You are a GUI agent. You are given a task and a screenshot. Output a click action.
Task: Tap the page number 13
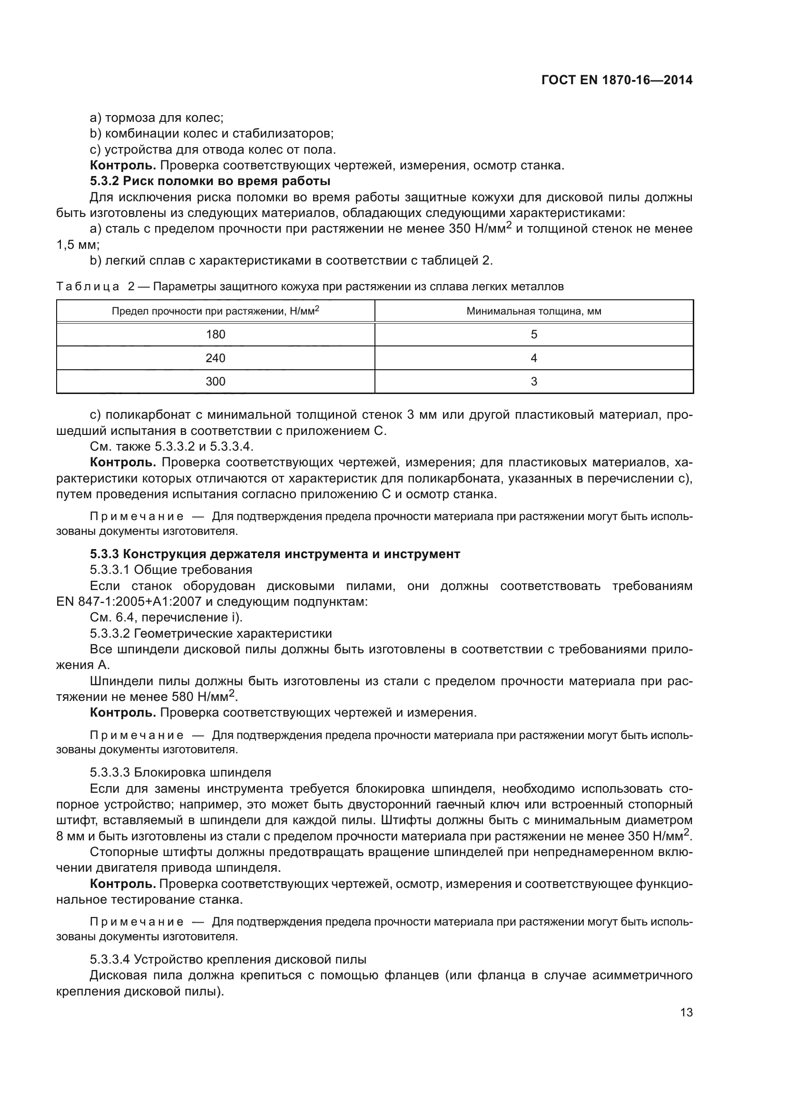tap(686, 1013)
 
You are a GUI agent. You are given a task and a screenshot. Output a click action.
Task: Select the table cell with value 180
tap(215, 334)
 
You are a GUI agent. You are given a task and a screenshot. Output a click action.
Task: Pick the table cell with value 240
tap(215, 358)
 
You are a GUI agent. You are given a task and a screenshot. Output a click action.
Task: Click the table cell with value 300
tap(215, 382)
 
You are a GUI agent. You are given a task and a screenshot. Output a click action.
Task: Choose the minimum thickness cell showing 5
tap(533, 334)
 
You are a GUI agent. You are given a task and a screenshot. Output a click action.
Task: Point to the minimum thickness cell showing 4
tap(533, 358)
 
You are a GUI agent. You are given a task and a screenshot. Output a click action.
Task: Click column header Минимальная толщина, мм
tap(533, 311)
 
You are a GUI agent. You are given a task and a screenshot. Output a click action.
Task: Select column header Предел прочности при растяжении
tap(215, 311)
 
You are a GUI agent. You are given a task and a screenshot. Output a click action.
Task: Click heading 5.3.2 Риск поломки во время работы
tap(210, 181)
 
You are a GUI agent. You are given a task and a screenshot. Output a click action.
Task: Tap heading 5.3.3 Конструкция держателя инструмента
tap(275, 553)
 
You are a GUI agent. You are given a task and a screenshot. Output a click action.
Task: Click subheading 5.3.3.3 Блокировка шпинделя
tap(180, 772)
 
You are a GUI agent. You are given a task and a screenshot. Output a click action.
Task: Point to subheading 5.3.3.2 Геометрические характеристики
tap(211, 633)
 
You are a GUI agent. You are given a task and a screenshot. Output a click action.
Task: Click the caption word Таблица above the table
tap(88, 286)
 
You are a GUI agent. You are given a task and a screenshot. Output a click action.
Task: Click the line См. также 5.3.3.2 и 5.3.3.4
tap(172, 446)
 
